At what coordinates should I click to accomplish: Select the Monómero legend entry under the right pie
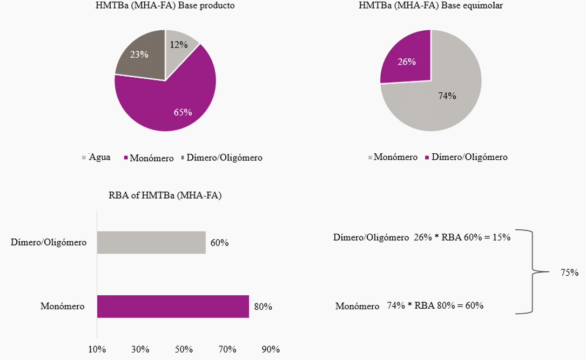[392, 157]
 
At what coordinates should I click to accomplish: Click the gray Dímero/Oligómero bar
[151, 242]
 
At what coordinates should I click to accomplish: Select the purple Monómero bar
[173, 306]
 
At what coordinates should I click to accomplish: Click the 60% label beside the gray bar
[220, 243]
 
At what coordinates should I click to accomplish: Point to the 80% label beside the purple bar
[262, 307]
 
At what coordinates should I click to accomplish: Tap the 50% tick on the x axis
[184, 349]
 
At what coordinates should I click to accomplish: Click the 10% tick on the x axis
[97, 349]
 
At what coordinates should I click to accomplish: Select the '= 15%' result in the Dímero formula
[497, 237]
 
